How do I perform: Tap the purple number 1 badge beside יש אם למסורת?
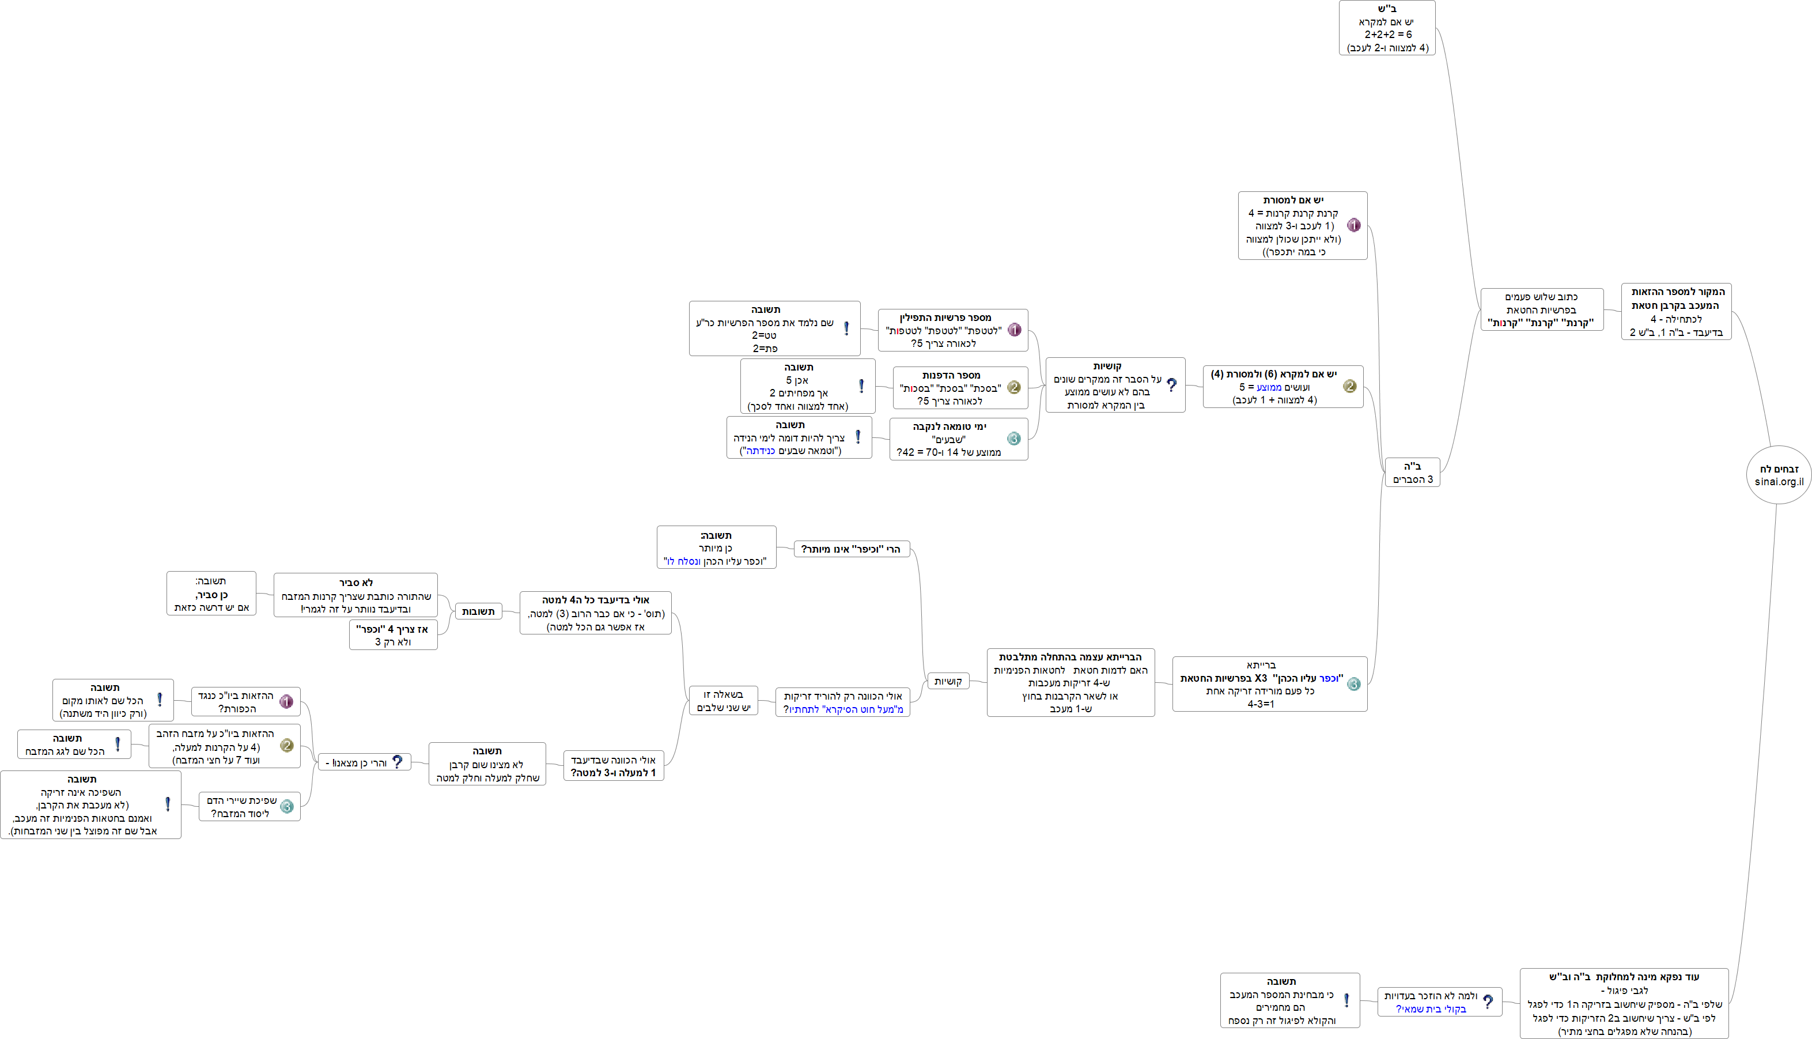[x=1353, y=225]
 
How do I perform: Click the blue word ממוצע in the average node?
[x=1269, y=387]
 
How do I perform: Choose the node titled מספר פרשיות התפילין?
[x=952, y=330]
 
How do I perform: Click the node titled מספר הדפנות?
[x=959, y=387]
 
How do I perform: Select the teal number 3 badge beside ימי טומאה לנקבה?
[x=1013, y=439]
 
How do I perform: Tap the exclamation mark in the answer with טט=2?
[x=847, y=328]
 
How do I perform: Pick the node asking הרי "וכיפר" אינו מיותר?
[x=851, y=549]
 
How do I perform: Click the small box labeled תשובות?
[x=478, y=611]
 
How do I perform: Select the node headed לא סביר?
[x=355, y=595]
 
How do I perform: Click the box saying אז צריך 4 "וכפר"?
[x=393, y=635]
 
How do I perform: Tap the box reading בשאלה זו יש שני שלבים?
[x=724, y=701]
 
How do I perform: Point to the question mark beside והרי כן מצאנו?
[x=398, y=762]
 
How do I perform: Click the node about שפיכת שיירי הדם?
[x=249, y=806]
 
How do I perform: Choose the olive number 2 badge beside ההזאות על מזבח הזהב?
[x=287, y=746]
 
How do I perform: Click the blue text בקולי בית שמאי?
[x=1431, y=1009]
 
